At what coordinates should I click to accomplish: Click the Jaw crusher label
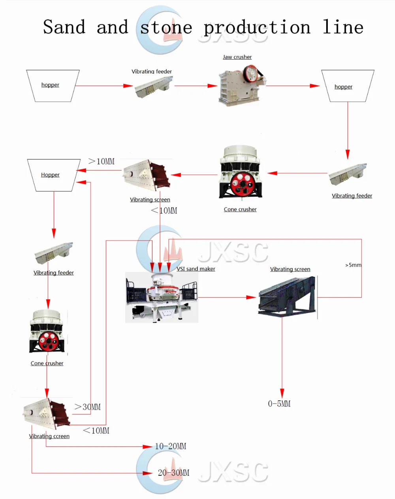click(237, 57)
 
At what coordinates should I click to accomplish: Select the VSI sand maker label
click(196, 269)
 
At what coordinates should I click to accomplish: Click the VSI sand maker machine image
click(162, 297)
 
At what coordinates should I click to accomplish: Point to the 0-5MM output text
click(279, 404)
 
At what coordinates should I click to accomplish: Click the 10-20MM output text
click(171, 446)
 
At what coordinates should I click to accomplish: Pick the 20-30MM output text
click(173, 473)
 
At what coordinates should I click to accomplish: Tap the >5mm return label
click(353, 265)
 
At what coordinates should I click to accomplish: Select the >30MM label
click(88, 407)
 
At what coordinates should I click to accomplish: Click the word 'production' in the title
click(257, 28)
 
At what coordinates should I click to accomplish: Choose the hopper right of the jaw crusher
click(347, 86)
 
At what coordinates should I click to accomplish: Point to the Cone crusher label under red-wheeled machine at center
click(240, 210)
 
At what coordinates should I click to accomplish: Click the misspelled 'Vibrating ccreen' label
click(49, 436)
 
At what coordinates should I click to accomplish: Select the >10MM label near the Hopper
click(102, 161)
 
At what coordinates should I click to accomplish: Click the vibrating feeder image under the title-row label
click(153, 87)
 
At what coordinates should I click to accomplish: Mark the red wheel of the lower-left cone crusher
click(49, 340)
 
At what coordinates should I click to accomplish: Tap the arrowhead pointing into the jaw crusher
click(213, 86)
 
